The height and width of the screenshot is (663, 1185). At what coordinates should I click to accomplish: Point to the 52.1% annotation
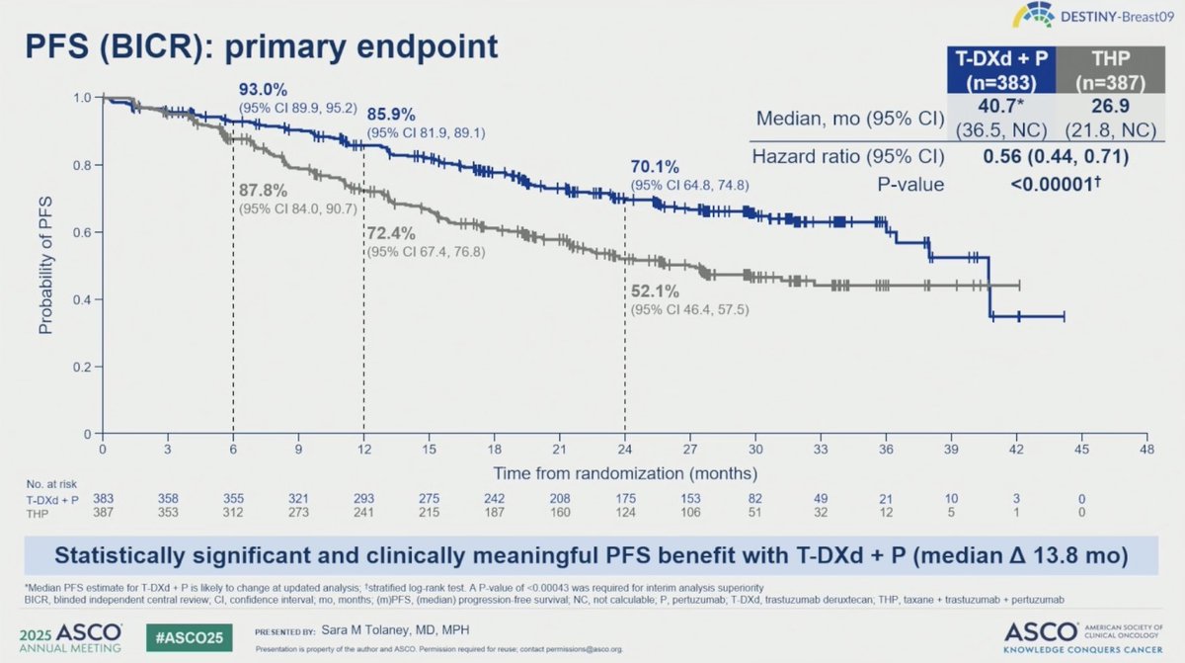click(654, 293)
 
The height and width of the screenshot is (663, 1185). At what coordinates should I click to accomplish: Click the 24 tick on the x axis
click(624, 448)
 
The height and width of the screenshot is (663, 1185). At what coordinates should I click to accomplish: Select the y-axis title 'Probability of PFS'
click(45, 265)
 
